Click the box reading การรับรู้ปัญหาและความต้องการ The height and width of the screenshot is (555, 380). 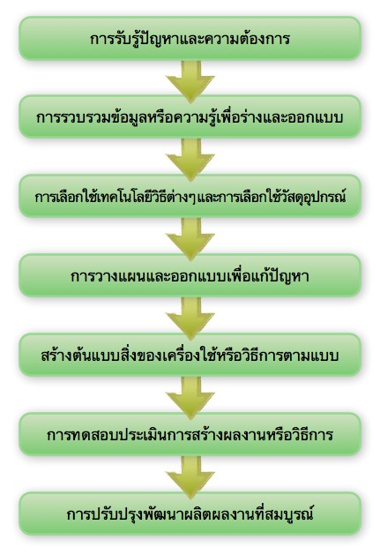coord(190,38)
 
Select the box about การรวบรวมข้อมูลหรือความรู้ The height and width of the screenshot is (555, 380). coord(190,116)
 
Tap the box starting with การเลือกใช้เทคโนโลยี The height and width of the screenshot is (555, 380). coord(190,196)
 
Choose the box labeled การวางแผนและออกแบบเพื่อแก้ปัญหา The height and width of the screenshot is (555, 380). coord(190,275)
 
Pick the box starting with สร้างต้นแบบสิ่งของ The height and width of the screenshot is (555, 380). coord(190,355)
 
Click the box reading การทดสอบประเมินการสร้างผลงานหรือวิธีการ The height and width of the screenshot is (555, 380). coord(190,433)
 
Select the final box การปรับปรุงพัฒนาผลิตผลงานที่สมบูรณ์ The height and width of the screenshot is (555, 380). coord(190,514)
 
